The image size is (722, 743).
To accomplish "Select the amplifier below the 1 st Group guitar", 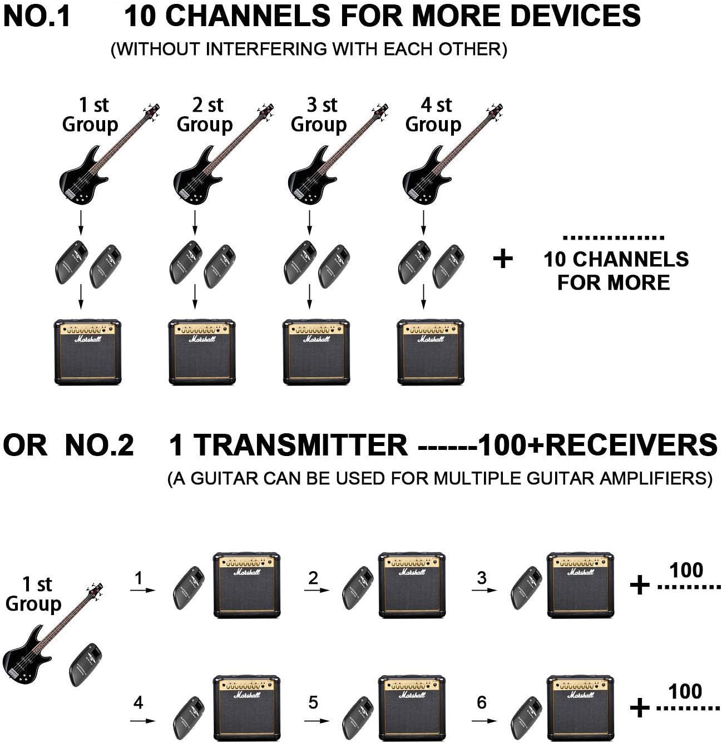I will point(87,352).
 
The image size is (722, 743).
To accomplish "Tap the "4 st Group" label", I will point(433,115).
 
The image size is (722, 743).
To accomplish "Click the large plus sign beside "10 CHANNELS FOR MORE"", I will point(503,259).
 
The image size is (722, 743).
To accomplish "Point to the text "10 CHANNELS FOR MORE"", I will point(615,271).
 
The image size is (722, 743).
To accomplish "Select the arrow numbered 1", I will point(142,590).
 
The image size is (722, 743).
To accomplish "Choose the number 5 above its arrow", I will point(313,702).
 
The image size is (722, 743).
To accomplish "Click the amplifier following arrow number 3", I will point(580,585).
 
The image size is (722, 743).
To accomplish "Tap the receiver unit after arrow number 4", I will point(189,717).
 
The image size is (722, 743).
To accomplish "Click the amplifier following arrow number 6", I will point(580,709).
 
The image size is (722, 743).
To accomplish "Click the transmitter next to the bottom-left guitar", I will point(86,664).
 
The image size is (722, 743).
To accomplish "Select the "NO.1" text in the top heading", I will point(37,16).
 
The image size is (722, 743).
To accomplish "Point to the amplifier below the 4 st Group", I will point(431,352).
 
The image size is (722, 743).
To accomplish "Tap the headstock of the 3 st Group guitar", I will point(380,109).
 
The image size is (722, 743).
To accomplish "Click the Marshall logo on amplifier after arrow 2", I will point(412,572).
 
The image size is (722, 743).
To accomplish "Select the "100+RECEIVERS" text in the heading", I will point(597,445).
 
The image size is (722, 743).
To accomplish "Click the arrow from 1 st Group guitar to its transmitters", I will point(81,222).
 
